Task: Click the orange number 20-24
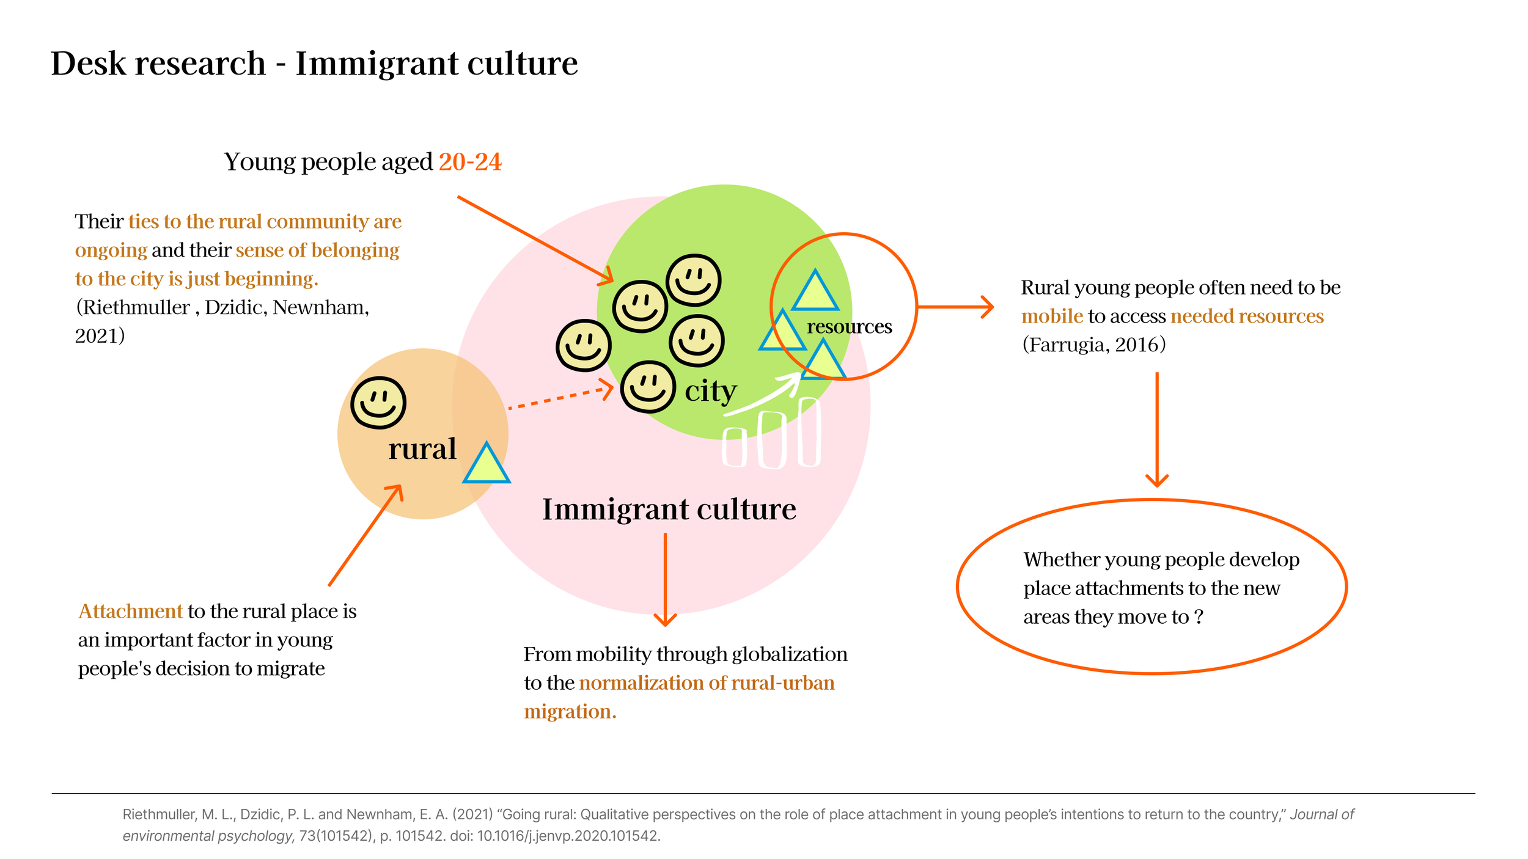pos(469,162)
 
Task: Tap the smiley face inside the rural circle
pos(378,403)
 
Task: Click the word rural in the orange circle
pos(422,449)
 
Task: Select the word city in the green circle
pos(710,391)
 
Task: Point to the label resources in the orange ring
pos(849,327)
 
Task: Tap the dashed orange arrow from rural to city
pos(559,397)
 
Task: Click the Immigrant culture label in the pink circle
pos(669,509)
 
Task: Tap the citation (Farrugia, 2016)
pos(1094,345)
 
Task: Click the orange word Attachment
pos(130,611)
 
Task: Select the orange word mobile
pos(1052,316)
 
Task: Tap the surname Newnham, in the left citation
pos(321,307)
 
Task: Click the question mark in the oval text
pos(1199,616)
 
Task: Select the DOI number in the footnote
pos(568,836)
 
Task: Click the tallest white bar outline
pos(809,431)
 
